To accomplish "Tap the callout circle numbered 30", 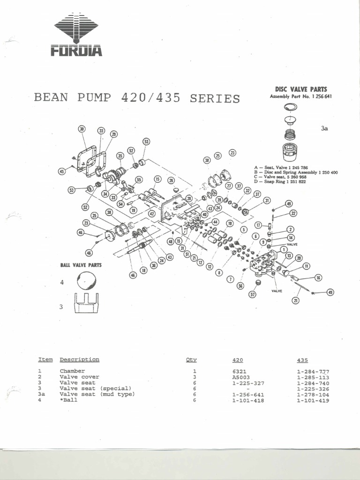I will click(x=82, y=129).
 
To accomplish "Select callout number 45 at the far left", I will click(x=61, y=172).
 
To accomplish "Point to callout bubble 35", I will click(x=120, y=156).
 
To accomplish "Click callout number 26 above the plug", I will click(x=171, y=180).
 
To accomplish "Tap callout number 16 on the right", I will click(x=318, y=278).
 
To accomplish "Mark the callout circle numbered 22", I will click(x=293, y=213).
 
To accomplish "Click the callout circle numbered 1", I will click(x=284, y=250).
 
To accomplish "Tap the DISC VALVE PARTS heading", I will click(x=300, y=89).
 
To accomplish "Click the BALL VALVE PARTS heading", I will click(x=81, y=265).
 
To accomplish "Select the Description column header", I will click(x=79, y=360).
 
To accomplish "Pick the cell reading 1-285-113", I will click(x=313, y=377).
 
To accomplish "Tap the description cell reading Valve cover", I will click(x=79, y=377).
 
